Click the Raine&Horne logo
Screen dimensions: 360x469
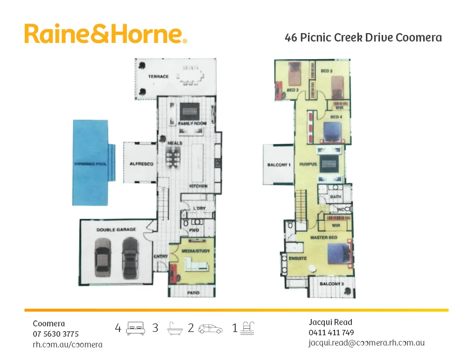(105, 34)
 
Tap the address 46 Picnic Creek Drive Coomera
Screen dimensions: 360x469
(363, 38)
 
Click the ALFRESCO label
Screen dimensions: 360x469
(141, 164)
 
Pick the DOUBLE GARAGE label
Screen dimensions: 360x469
(116, 229)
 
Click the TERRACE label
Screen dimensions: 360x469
(158, 76)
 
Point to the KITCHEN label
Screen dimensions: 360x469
(198, 186)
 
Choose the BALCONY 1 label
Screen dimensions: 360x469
(279, 165)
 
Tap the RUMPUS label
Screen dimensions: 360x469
(308, 165)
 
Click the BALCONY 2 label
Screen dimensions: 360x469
(332, 284)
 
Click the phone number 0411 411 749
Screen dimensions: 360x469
(331, 332)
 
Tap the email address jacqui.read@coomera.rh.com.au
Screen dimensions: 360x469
(366, 343)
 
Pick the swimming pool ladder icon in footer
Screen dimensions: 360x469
(247, 328)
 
